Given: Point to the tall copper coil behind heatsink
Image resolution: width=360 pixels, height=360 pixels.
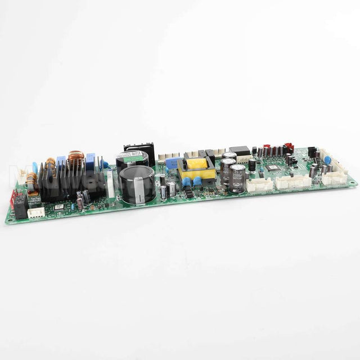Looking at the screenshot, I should tap(75, 160).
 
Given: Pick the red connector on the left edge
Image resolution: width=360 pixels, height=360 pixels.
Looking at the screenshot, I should tap(13, 198).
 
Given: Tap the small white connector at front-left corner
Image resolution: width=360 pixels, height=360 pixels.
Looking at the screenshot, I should tap(37, 213).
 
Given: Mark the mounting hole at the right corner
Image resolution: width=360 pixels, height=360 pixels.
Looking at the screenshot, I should tap(353, 183).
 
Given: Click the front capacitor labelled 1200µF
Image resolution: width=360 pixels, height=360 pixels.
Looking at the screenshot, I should tap(237, 178).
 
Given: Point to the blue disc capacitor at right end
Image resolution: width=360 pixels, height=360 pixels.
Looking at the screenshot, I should tap(327, 160).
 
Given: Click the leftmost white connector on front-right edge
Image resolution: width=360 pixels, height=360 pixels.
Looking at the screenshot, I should tap(260, 185).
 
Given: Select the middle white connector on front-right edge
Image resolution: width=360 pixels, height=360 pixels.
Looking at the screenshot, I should tap(293, 182).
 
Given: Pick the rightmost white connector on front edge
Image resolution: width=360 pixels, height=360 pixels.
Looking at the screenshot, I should tap(334, 178).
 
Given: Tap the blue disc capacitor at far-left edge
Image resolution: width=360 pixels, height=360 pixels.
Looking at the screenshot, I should tap(35, 167).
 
